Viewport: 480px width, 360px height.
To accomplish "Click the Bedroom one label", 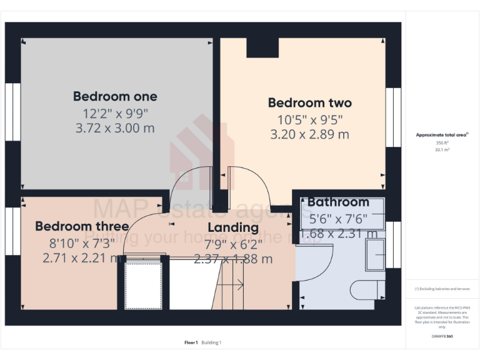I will (115, 96).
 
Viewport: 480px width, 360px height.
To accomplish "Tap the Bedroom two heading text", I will (309, 102).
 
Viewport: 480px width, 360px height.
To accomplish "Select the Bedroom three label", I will (82, 226).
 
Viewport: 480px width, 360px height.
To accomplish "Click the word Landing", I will (233, 227).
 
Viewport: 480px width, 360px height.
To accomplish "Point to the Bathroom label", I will (338, 202).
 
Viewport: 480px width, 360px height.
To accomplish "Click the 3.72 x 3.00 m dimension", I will (115, 128).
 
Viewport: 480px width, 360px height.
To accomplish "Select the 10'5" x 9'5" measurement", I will (309, 119).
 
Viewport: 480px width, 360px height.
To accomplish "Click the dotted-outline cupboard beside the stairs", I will (144, 284).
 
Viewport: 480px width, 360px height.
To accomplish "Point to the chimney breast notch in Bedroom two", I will (262, 47).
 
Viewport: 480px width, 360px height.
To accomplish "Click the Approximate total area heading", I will (442, 135).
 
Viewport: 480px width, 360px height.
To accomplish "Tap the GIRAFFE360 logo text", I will (442, 336).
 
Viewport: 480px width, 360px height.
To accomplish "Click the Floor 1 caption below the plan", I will (191, 342).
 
